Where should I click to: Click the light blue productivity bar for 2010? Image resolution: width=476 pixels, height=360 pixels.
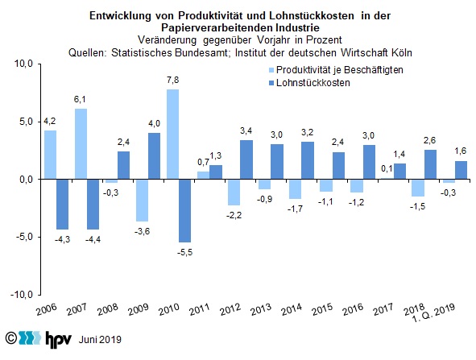tap(172, 134)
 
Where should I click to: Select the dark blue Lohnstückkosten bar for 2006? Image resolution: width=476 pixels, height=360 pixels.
tap(63, 205)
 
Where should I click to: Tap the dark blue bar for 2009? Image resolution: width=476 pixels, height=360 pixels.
tap(154, 156)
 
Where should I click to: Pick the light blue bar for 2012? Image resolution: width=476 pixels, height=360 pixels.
tap(234, 192)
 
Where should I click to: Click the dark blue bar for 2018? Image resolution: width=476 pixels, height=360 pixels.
tap(430, 164)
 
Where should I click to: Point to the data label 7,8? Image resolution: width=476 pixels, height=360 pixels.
tap(172, 81)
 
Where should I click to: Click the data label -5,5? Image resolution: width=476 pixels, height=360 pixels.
tap(185, 252)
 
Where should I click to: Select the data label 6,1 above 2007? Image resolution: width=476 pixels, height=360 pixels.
tap(80, 99)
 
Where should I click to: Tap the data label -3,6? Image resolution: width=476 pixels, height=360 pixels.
tap(142, 231)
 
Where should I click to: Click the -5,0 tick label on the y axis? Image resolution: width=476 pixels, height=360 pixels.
tap(23, 237)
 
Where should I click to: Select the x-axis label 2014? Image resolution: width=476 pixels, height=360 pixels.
tap(292, 309)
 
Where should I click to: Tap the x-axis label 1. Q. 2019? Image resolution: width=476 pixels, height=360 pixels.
tap(434, 313)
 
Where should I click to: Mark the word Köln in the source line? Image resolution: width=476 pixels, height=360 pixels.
tap(402, 53)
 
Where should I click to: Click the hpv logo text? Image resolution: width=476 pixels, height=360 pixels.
tap(59, 338)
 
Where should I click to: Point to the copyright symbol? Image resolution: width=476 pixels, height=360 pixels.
tap(11, 337)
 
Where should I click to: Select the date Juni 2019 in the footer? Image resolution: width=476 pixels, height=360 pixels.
tap(100, 339)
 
